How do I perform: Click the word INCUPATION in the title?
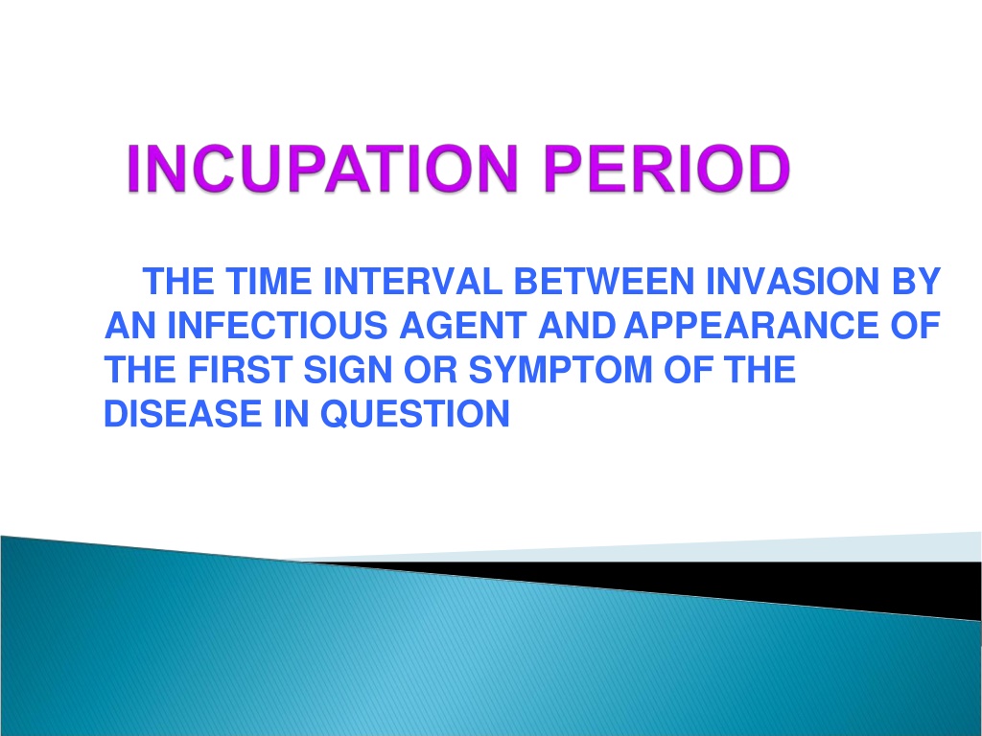[x=322, y=168]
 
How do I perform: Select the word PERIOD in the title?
[x=667, y=168]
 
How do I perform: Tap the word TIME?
[x=269, y=281]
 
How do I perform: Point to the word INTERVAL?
[x=412, y=281]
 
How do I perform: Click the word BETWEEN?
[x=604, y=281]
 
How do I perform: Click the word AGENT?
[x=463, y=326]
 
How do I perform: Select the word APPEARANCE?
[x=752, y=326]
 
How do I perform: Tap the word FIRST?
[x=240, y=369]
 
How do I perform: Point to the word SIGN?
[x=347, y=369]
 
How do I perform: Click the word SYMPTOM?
[x=560, y=369]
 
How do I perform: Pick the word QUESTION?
[x=414, y=414]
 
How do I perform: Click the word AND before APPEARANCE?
[x=576, y=326]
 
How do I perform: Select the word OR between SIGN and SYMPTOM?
[x=431, y=369]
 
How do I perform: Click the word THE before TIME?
[x=178, y=281]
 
